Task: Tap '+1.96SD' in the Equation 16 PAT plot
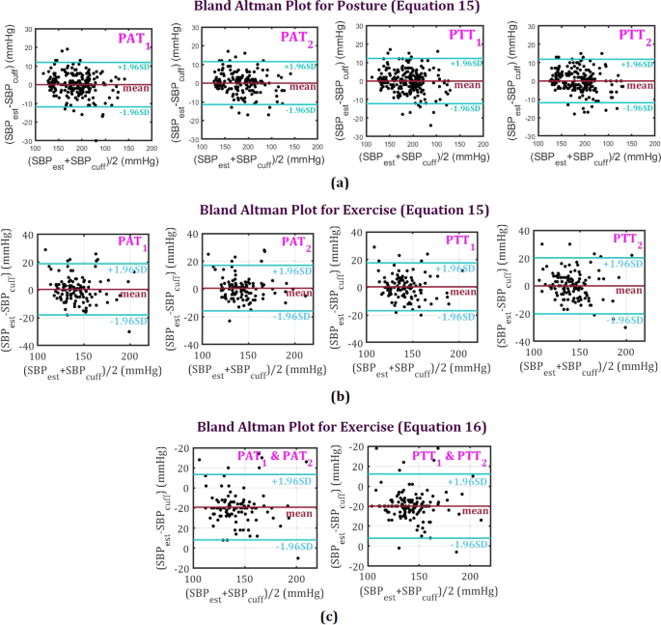291,480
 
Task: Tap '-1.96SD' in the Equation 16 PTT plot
464,546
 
